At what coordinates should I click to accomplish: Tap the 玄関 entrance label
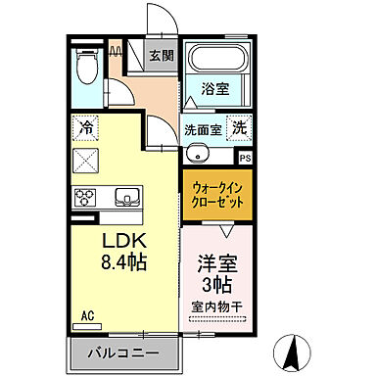(x=161, y=55)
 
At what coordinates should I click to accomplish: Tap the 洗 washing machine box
(x=238, y=127)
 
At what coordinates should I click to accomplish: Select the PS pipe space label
(x=245, y=157)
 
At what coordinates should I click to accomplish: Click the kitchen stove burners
(x=85, y=195)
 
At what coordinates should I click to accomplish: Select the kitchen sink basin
(x=127, y=194)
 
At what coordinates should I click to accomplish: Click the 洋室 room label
(x=218, y=263)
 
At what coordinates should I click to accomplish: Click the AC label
(x=86, y=316)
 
